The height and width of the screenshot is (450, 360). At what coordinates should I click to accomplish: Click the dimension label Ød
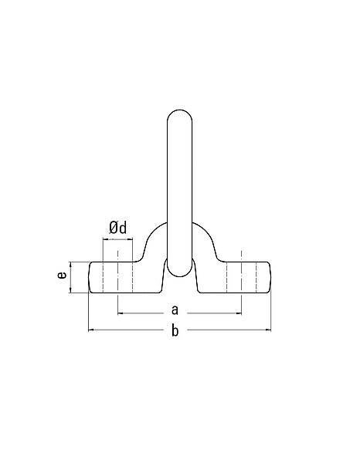117,228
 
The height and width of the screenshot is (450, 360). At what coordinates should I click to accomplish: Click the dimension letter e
62,275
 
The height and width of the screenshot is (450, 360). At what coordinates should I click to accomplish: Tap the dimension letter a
175,310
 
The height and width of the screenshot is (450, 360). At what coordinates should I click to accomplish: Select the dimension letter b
175,330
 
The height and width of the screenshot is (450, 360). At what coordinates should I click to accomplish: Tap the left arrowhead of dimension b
91,330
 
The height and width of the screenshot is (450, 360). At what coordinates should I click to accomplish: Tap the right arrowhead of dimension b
268,330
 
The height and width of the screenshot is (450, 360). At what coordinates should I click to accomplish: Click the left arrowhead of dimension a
121,313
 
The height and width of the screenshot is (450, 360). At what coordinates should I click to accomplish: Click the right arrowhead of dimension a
239,313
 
